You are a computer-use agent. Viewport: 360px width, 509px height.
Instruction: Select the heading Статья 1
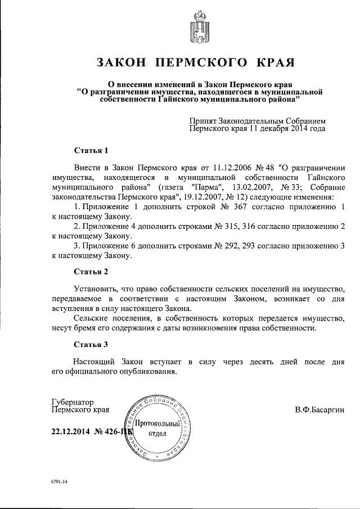[x=91, y=150]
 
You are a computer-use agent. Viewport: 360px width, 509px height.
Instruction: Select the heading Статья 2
[x=91, y=272]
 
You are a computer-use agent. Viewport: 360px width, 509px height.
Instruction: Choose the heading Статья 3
[x=91, y=344]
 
